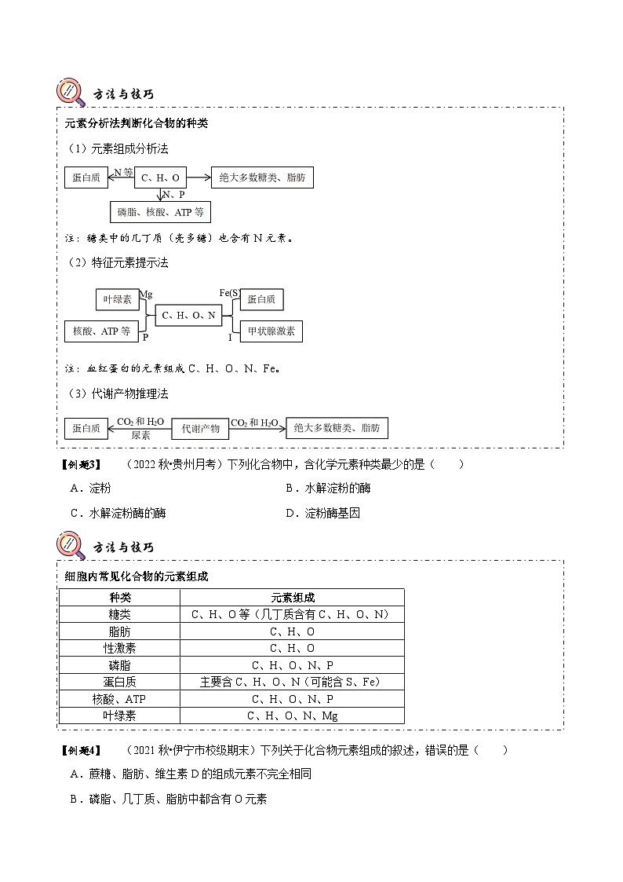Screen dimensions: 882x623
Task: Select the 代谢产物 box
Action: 199,428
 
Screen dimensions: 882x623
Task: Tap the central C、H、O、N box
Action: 188,316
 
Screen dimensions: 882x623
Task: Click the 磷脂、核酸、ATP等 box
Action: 160,212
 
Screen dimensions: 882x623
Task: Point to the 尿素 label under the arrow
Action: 140,434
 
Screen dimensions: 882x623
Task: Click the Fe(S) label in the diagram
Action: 230,293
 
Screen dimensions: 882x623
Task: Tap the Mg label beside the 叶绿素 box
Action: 145,294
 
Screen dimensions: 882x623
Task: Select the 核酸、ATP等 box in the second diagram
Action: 101,331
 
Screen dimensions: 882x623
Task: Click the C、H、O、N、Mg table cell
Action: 292,715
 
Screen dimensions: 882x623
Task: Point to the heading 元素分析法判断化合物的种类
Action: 136,124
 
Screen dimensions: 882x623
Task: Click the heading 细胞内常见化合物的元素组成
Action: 136,576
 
